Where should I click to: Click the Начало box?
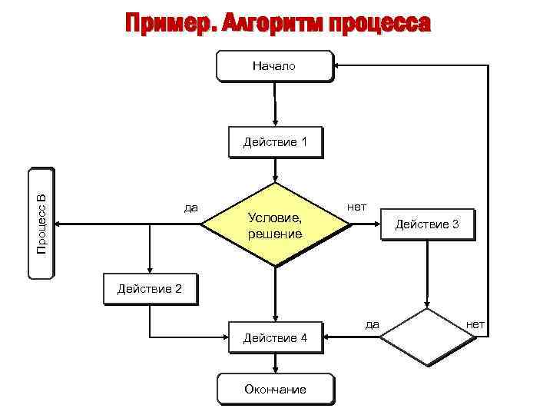[x=274, y=66]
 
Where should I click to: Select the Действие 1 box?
[x=274, y=142]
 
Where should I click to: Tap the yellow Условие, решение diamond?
[x=275, y=224]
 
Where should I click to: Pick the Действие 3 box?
[x=426, y=224]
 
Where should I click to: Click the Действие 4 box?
[x=274, y=338]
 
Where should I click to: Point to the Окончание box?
[x=274, y=389]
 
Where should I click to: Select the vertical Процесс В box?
[x=41, y=224]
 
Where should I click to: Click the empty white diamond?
[x=428, y=336]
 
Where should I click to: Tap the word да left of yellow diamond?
[x=190, y=207]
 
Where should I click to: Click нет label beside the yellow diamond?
[x=356, y=207]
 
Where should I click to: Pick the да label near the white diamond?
[x=372, y=324]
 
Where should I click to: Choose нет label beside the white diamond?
[x=475, y=324]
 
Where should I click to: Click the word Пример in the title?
[x=165, y=23]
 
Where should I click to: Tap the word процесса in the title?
[x=379, y=23]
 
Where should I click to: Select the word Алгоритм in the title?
[x=273, y=23]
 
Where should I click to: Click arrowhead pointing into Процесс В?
[x=60, y=224]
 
